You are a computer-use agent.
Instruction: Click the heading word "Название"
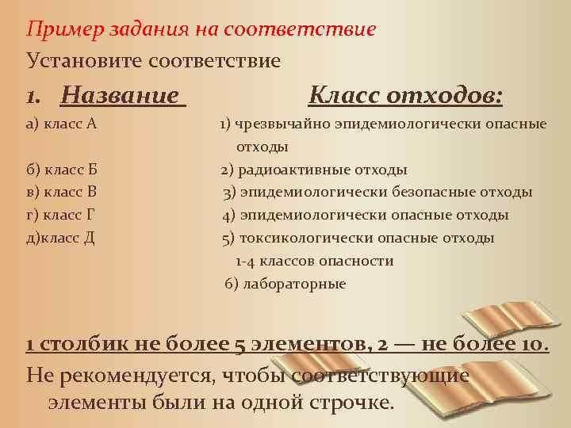click(x=120, y=96)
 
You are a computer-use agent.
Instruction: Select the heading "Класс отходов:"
click(x=405, y=96)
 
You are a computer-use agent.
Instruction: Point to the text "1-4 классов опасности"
click(x=314, y=262)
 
